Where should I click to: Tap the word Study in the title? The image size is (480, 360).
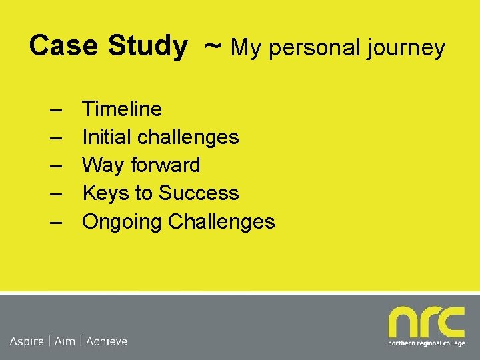coord(147,46)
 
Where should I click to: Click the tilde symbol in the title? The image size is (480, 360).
coord(213,45)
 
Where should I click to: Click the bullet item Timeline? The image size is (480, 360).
coord(121,109)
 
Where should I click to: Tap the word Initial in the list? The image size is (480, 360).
coord(107,137)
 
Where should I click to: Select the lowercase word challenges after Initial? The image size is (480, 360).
coord(188,137)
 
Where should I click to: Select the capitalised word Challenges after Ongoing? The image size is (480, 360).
coord(221,221)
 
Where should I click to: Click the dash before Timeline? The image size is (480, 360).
coord(55,109)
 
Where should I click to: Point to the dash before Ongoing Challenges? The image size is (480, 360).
coord(55,222)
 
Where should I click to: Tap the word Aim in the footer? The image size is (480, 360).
coord(65,341)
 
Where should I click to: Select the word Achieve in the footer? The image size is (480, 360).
coord(107,341)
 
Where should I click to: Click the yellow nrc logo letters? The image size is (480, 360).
coord(426,323)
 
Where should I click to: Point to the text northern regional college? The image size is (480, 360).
coord(427,344)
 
